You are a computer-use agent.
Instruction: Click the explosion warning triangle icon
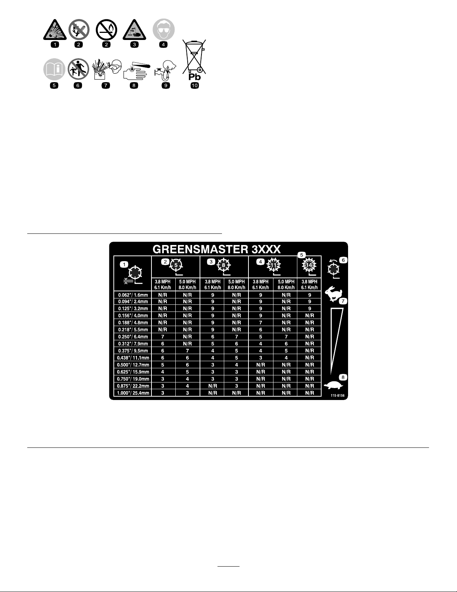[x=55, y=30]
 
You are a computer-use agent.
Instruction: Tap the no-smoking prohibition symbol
[x=106, y=30]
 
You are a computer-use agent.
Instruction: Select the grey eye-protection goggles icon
[x=163, y=30]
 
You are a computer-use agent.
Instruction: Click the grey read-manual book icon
[x=54, y=69]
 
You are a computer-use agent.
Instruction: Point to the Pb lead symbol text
[x=194, y=77]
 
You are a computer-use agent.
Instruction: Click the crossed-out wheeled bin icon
[x=194, y=56]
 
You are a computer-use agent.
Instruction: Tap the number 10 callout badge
[x=194, y=86]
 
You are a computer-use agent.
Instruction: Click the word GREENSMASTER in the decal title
[x=200, y=249]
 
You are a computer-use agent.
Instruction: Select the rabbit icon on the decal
[x=334, y=294]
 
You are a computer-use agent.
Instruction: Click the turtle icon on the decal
[x=333, y=385]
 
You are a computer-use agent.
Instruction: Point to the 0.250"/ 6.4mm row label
[x=133, y=337]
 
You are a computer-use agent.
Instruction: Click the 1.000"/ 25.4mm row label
[x=133, y=393]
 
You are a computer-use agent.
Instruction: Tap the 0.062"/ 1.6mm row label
[x=133, y=295]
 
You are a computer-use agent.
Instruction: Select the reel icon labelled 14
[x=309, y=266]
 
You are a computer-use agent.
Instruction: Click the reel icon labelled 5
[x=176, y=266]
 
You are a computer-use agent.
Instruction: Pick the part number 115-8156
[x=338, y=396]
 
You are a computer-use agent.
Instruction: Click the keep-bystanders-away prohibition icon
[x=78, y=69]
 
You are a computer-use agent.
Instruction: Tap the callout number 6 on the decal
[x=343, y=260]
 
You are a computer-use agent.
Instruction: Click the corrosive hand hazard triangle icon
[x=134, y=30]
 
